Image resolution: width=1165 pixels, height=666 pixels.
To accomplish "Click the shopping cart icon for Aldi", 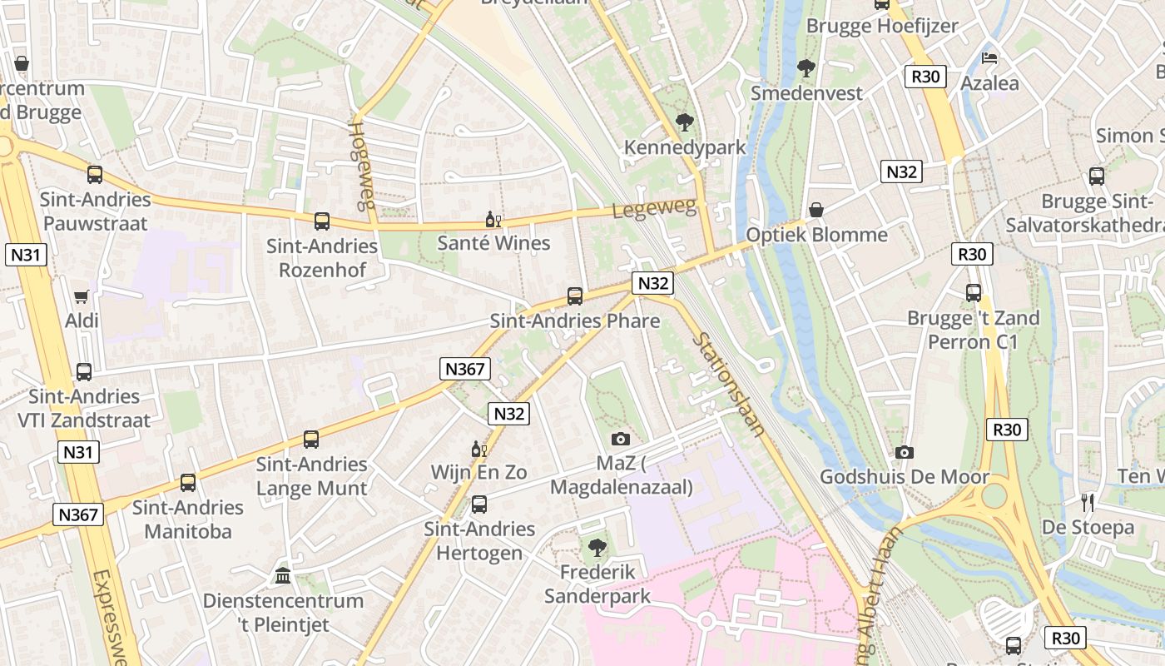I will point(82,296).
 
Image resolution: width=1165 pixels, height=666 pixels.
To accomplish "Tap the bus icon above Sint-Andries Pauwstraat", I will point(95,175).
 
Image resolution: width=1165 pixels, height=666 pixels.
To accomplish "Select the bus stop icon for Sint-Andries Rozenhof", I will point(322,221).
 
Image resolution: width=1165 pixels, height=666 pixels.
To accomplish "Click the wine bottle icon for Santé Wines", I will point(493,220).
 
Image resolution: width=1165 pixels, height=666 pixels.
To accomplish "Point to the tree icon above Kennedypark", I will point(685,123).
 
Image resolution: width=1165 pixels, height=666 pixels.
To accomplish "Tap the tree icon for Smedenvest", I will point(806,68).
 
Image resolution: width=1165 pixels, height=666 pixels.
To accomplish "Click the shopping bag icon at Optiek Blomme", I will point(816,210).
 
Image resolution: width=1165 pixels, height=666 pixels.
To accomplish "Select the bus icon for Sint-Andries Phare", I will point(575,296).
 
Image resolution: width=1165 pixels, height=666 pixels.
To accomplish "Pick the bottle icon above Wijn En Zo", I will point(478,449).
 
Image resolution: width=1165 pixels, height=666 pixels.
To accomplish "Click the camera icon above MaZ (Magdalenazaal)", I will point(621,439).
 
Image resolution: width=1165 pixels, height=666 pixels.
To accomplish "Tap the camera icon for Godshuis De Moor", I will point(905,453).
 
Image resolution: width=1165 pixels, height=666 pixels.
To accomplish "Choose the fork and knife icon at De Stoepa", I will point(1088,502).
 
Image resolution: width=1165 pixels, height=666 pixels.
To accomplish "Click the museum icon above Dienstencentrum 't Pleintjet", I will point(283,576).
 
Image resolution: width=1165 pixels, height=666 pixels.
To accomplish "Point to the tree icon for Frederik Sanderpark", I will point(597,547).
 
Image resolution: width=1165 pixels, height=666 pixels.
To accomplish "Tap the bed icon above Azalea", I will point(989,58).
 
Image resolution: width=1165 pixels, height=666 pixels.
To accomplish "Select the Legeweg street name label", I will point(654,209).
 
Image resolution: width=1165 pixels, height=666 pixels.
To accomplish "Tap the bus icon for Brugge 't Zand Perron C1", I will point(974,293).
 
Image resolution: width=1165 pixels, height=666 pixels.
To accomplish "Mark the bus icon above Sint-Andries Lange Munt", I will point(311,440).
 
